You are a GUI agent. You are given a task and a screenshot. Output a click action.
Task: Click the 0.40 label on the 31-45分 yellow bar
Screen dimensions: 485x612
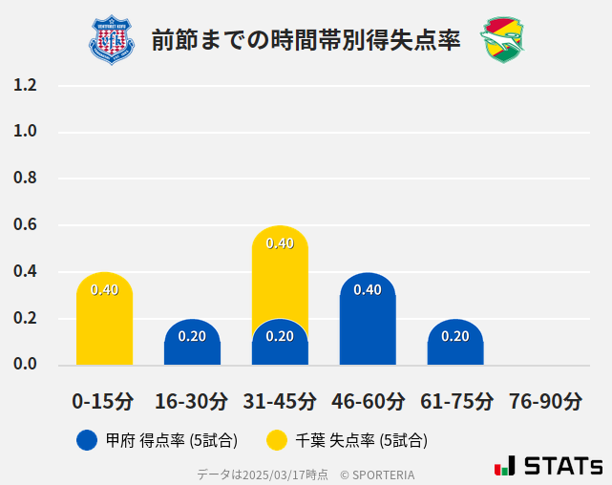pos(280,243)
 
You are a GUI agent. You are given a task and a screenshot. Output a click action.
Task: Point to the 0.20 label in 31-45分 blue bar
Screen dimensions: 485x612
pos(280,336)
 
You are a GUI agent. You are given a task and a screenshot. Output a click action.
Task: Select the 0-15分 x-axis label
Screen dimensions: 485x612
pos(103,400)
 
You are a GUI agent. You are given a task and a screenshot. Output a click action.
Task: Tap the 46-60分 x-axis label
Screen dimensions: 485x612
pos(368,400)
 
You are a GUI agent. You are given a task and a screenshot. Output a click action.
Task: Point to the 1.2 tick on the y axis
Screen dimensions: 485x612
pos(26,85)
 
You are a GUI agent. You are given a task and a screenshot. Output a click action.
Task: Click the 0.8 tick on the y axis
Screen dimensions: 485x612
pos(26,179)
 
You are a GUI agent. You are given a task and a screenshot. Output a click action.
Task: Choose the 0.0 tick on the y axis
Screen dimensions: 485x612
pos(26,365)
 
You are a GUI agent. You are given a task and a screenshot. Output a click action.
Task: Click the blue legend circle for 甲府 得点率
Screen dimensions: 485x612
pos(87,440)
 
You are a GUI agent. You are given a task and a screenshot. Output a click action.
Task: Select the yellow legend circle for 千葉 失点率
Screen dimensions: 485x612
pos(277,440)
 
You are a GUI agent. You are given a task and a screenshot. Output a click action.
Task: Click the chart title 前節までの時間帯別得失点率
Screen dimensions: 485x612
pos(306,40)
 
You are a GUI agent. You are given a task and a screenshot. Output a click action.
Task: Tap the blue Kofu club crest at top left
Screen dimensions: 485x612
pos(112,40)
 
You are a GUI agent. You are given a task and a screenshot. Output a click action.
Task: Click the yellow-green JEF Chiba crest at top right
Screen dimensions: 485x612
pos(502,40)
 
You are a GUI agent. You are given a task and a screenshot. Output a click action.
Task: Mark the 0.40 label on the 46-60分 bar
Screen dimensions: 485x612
pos(368,289)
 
